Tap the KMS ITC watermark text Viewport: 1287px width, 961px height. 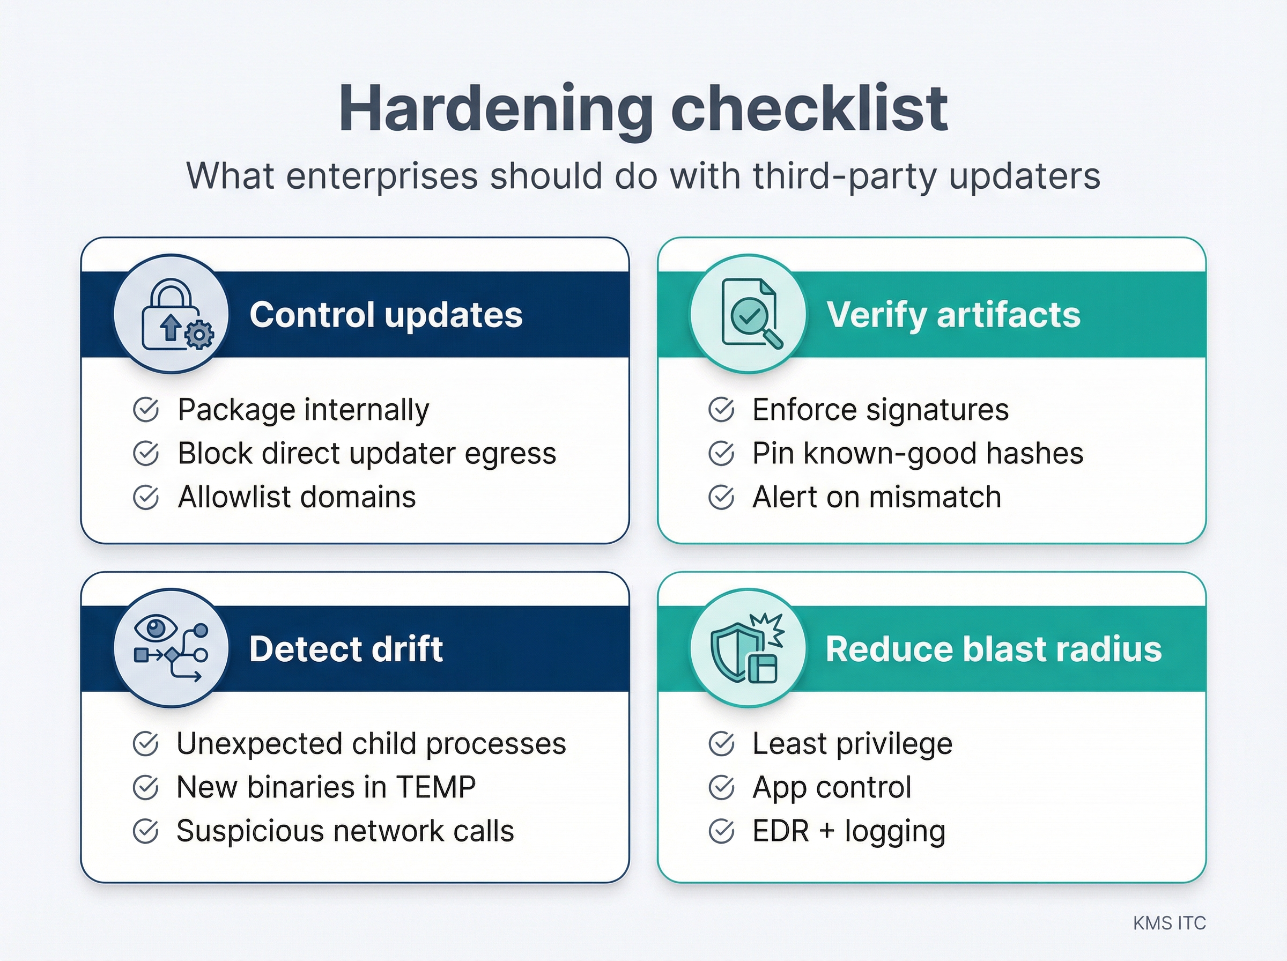point(1169,922)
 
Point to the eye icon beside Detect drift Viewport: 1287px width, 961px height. point(156,629)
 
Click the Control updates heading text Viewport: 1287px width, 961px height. point(386,315)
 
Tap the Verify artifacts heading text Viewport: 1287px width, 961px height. point(953,315)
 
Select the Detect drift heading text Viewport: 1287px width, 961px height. point(346,648)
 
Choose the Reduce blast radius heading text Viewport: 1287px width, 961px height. point(993,648)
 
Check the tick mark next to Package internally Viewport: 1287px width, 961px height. point(145,410)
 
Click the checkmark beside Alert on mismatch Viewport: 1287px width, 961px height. point(721,497)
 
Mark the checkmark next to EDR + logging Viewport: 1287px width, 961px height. point(721,831)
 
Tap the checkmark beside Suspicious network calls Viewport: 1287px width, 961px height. point(145,831)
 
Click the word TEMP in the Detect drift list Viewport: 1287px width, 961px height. point(435,787)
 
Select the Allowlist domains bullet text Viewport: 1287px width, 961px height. point(297,497)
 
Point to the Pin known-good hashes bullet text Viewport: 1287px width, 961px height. point(917,453)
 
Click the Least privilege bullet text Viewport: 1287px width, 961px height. point(852,743)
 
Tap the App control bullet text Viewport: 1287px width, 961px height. point(832,787)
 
